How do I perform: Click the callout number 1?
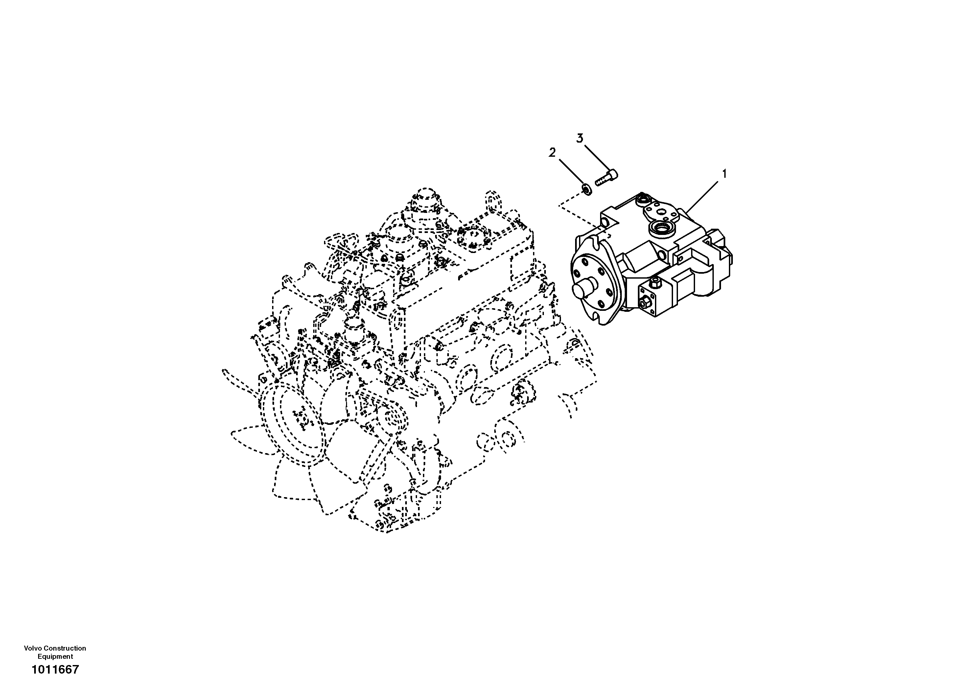[x=724, y=174]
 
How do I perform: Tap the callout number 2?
[x=552, y=152]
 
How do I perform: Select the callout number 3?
[x=580, y=138]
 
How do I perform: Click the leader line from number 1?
[x=702, y=195]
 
